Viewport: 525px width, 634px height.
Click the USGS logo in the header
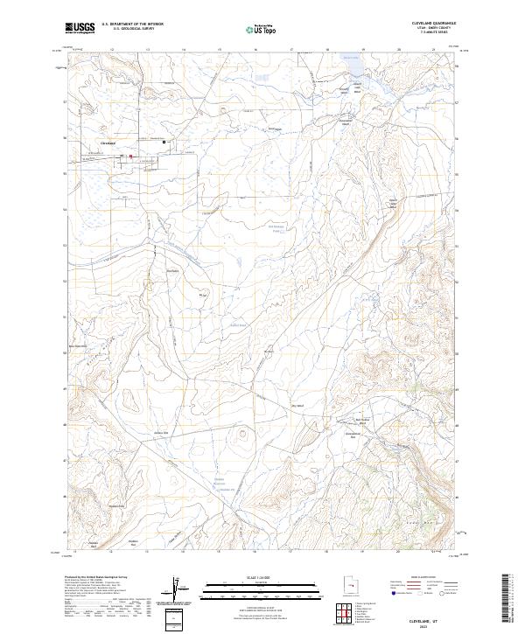pyautogui.click(x=80, y=28)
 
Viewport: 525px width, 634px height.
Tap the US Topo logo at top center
pyautogui.click(x=260, y=29)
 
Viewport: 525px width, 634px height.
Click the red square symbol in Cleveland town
pyautogui.click(x=131, y=157)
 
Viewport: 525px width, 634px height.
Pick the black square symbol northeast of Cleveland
pyautogui.click(x=163, y=143)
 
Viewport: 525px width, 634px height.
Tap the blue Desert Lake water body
pyautogui.click(x=350, y=66)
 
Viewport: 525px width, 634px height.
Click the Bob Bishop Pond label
pyautogui.click(x=276, y=232)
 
